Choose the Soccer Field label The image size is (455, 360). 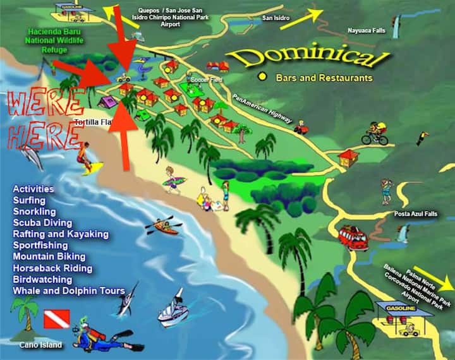coord(196,80)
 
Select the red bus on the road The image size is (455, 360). coord(353,237)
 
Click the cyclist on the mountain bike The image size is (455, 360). coord(375,134)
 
